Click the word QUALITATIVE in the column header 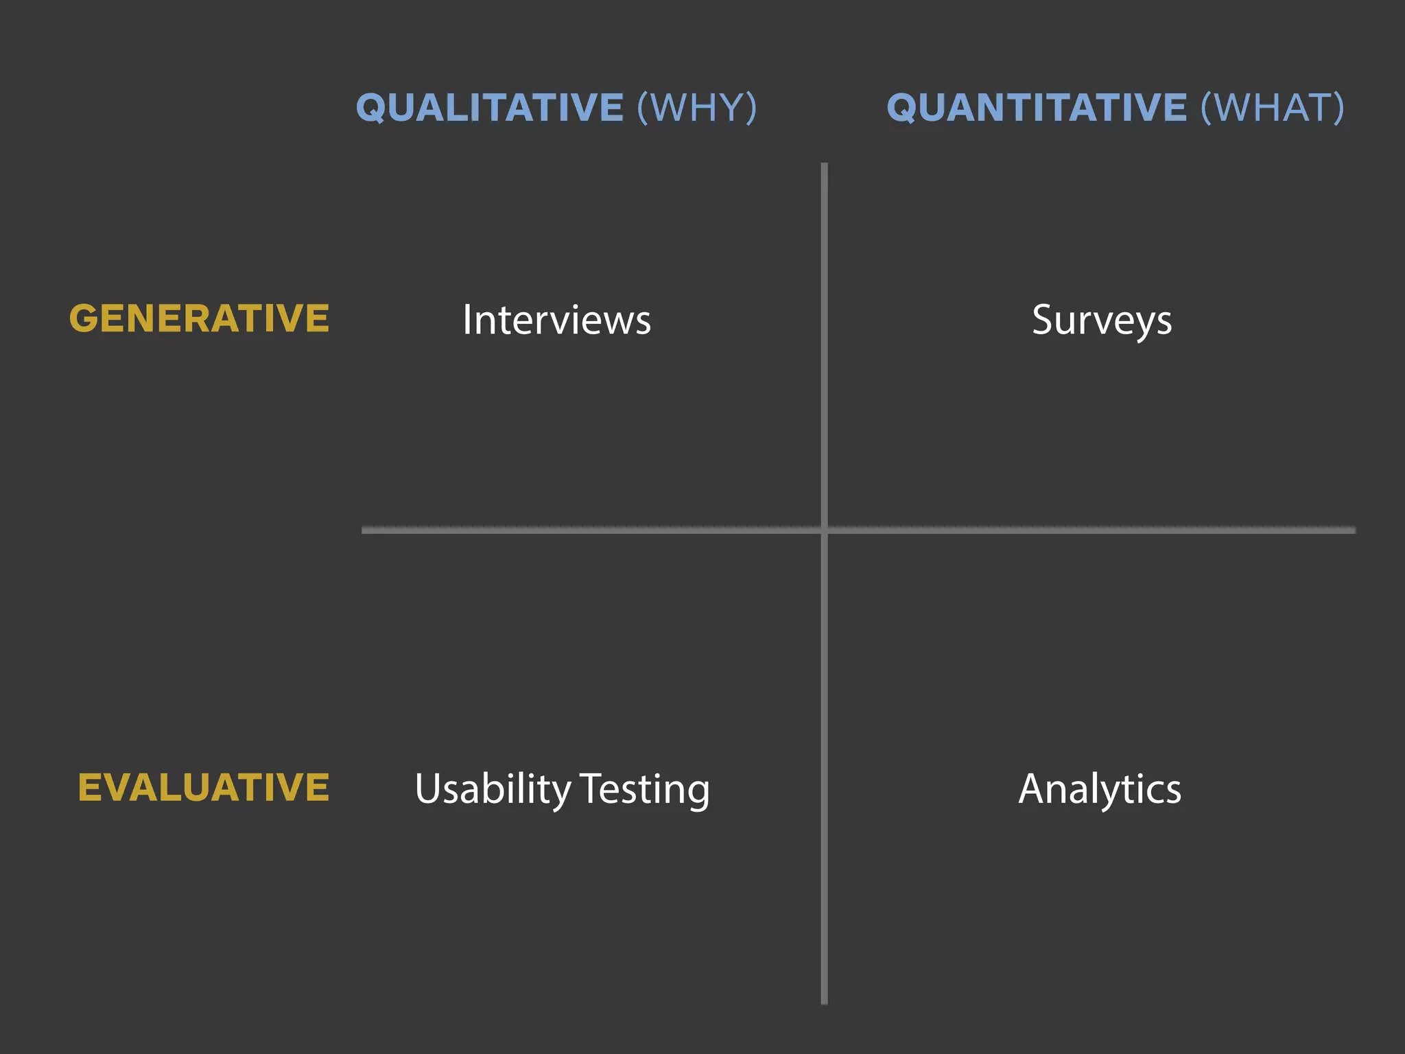(490, 108)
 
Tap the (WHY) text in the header (697, 108)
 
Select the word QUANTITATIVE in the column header (1037, 108)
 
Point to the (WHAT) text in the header (1273, 108)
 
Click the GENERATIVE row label (199, 318)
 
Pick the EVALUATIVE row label (204, 787)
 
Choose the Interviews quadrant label (556, 320)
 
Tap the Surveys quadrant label (1102, 321)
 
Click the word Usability (493, 789)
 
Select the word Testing (645, 789)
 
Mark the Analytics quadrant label (1100, 789)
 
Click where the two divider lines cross (824, 530)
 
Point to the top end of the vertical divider (824, 165)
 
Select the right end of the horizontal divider (1354, 530)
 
